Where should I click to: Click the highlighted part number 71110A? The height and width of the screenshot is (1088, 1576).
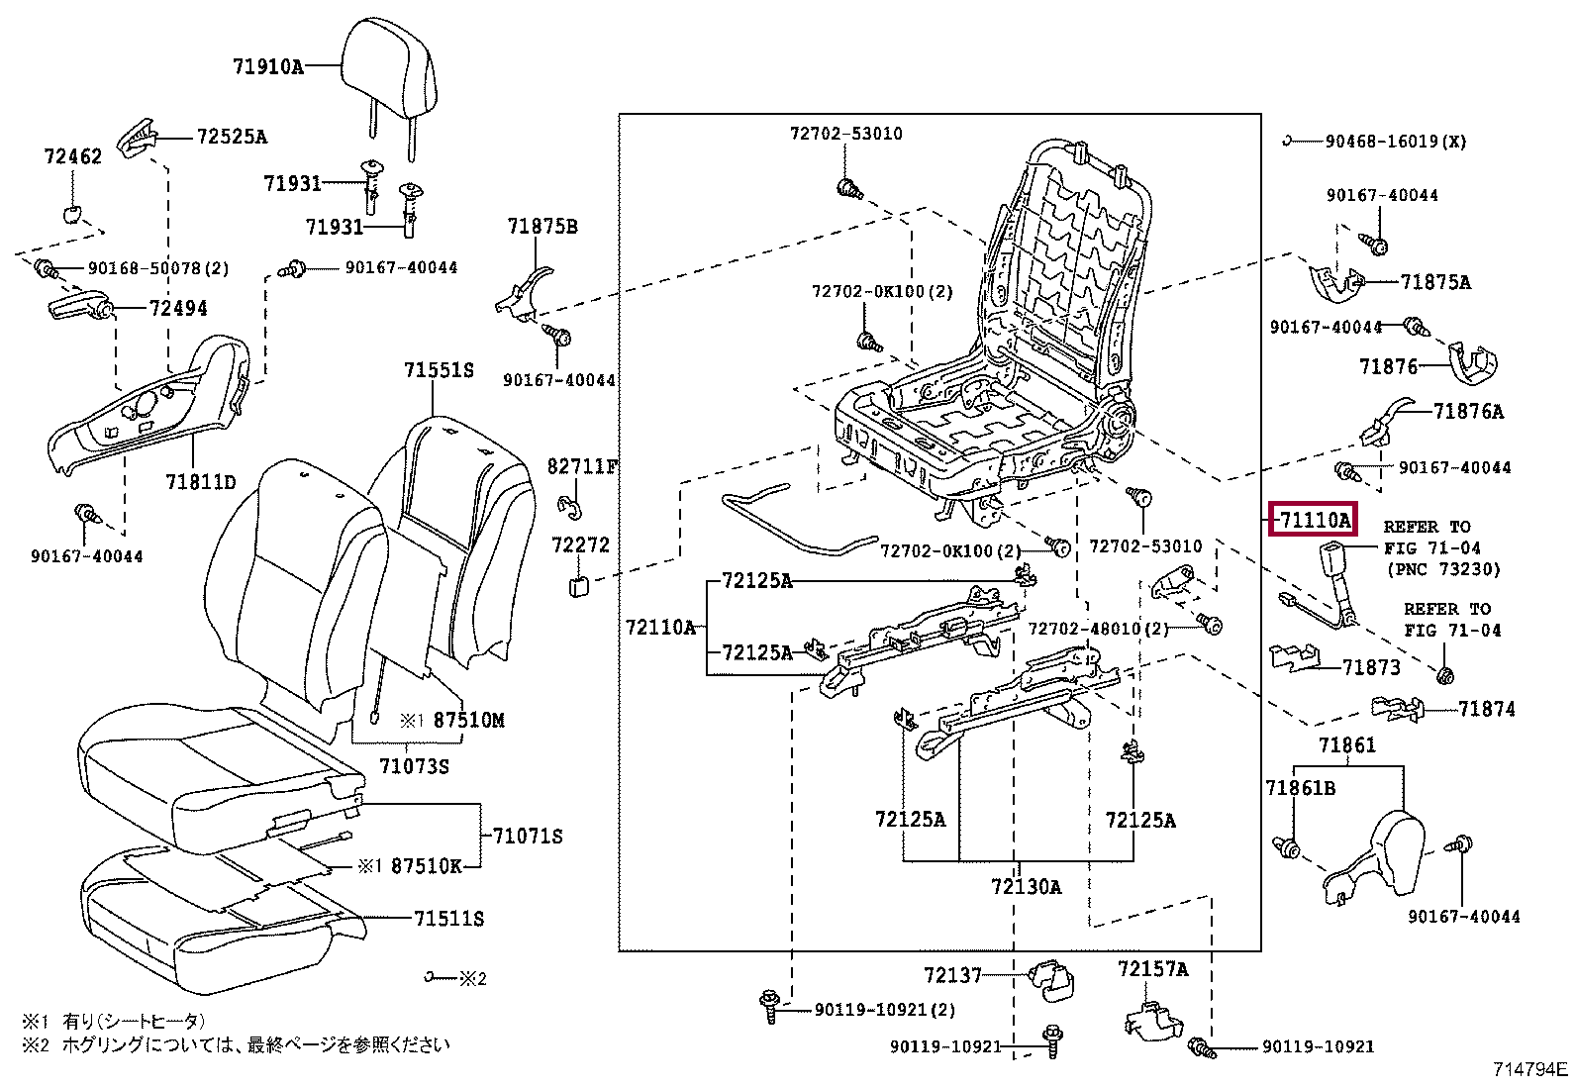tap(1314, 520)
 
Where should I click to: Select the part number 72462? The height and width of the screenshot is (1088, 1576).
tap(72, 155)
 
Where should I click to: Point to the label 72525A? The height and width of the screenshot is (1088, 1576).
tap(232, 136)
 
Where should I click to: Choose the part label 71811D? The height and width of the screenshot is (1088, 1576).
tap(201, 481)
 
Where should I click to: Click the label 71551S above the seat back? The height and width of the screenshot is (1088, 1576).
tap(439, 369)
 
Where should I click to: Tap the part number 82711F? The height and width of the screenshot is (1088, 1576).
tap(582, 466)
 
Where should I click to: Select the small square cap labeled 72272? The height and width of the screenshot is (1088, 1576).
tap(578, 585)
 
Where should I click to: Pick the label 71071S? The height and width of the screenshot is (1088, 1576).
tap(528, 836)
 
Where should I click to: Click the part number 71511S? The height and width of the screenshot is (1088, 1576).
tap(448, 918)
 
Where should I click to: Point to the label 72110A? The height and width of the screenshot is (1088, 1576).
tap(660, 627)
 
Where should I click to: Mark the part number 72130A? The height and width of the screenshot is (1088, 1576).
tap(1026, 886)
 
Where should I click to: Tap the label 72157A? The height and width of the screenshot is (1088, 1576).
tap(1152, 969)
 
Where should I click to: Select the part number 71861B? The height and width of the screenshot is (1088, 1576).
tap(1300, 787)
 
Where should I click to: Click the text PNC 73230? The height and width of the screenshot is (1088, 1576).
tap(1443, 568)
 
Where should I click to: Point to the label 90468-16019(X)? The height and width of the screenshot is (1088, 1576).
tap(1396, 142)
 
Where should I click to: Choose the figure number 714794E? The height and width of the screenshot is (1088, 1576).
tap(1530, 1068)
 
